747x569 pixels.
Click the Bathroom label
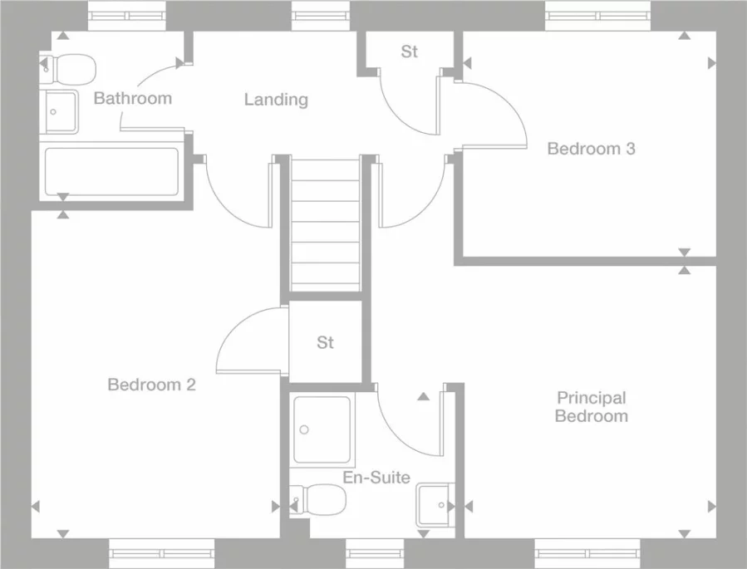[132, 98]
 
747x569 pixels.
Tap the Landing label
[277, 100]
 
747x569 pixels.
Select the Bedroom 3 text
[592, 149]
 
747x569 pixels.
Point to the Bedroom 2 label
[151, 385]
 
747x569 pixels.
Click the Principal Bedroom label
[592, 407]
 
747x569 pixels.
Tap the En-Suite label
[376, 477]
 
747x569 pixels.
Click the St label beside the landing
[410, 52]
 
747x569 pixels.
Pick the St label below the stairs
[326, 342]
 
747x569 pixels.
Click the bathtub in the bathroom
[111, 172]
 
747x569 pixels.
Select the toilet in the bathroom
[68, 70]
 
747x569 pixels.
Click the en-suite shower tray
[322, 430]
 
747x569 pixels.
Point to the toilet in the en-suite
[317, 500]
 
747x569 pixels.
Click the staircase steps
[325, 224]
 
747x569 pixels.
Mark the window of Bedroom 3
[597, 16]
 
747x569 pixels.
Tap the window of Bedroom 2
[162, 553]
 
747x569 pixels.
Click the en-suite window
[375, 553]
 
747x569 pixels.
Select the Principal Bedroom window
[587, 553]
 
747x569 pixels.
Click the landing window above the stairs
[321, 16]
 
